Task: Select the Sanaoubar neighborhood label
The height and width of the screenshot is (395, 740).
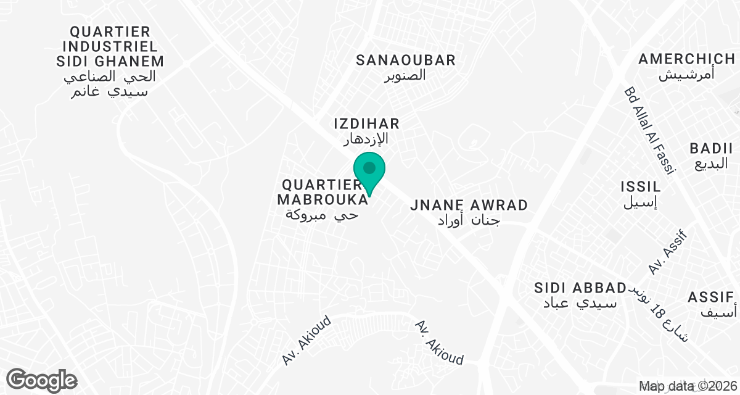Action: click(406, 60)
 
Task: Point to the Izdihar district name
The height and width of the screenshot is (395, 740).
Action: click(367, 123)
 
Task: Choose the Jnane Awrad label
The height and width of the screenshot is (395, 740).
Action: click(469, 205)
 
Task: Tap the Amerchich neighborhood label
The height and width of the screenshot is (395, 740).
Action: click(686, 59)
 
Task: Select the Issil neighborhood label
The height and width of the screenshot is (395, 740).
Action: click(641, 186)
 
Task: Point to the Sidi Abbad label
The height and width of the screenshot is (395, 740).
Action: click(580, 288)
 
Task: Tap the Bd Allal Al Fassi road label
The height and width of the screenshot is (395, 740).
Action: click(651, 130)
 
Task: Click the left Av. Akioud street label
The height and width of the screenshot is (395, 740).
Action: click(307, 340)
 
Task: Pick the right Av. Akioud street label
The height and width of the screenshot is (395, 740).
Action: click(439, 342)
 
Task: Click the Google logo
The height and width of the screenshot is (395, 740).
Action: click(42, 380)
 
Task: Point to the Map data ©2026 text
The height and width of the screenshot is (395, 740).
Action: click(687, 386)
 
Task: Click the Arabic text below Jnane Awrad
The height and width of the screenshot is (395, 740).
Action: click(468, 220)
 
